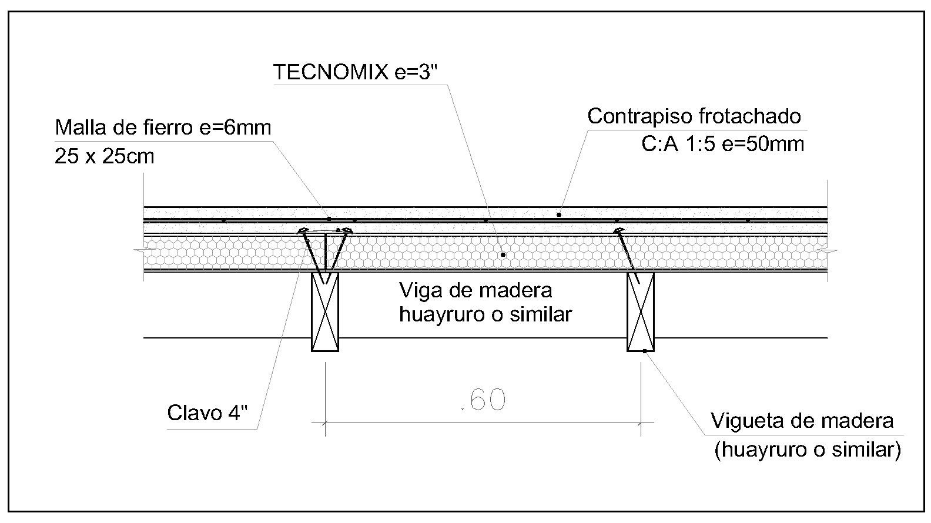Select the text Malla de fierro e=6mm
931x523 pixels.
163,127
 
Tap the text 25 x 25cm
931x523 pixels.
105,156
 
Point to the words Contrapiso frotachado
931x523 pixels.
694,116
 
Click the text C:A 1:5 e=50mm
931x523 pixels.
722,143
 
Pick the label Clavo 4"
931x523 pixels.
207,413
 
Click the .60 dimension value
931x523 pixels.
484,400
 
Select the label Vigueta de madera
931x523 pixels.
802,421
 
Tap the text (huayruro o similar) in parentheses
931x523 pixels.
807,450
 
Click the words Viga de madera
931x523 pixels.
475,290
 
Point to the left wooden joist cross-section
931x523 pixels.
325,311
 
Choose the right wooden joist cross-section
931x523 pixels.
641,311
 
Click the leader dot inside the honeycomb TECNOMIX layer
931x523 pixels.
503,255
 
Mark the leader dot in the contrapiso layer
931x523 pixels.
559,214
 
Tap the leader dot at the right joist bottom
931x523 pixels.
645,351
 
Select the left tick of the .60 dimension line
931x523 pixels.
325,422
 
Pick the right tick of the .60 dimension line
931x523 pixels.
641,422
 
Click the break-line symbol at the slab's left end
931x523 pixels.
140,251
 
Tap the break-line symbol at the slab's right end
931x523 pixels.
831,251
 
